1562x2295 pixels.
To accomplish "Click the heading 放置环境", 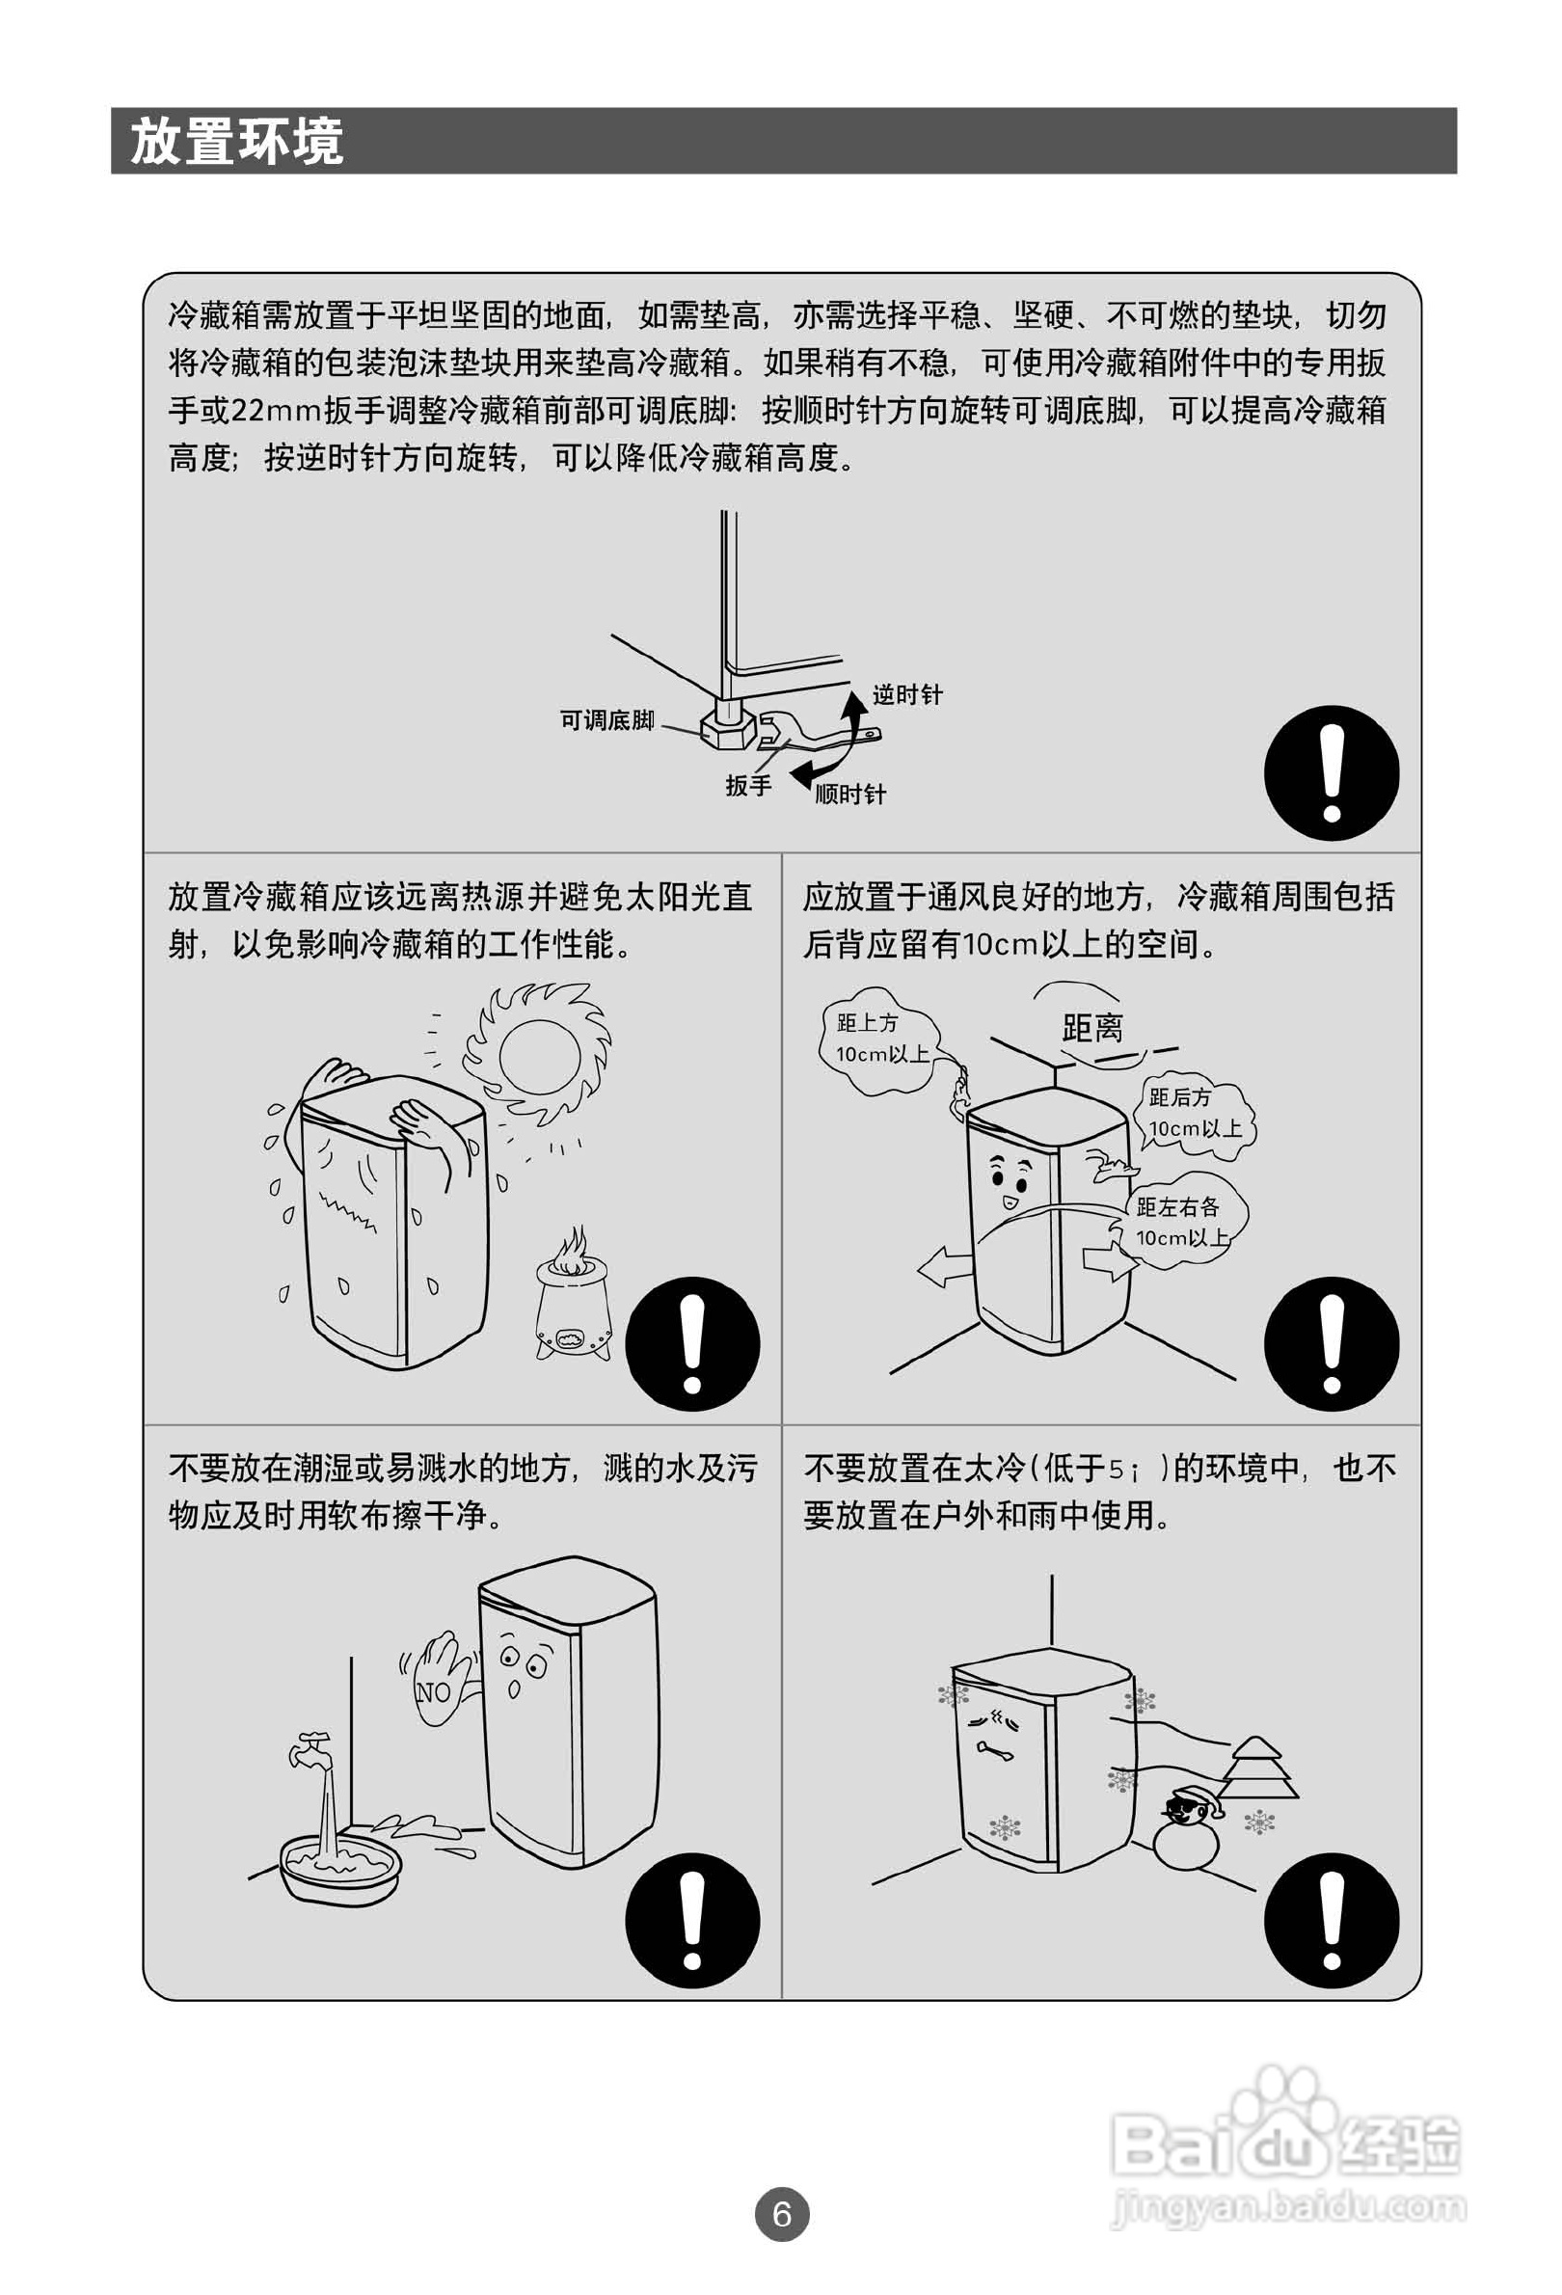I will pos(237,141).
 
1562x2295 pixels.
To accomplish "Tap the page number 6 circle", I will pos(781,2214).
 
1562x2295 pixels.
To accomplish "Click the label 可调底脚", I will pos(607,720).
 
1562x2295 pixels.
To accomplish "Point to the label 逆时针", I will pos(907,694).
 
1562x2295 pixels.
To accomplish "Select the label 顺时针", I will pos(850,793).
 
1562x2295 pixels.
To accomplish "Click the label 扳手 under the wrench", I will pos(747,785).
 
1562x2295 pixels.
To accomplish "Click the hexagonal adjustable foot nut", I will pos(729,730).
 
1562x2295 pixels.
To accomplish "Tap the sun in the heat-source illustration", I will pos(538,1055).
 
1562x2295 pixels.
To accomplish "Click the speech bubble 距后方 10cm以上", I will pos(1197,1113).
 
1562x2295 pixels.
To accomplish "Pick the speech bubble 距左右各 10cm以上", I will pos(1182,1223).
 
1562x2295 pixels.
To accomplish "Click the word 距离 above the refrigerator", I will pos(1092,1028).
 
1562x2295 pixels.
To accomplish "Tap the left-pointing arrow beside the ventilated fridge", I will pos(945,1266).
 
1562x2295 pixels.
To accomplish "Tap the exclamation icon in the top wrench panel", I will pos(1331,772).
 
